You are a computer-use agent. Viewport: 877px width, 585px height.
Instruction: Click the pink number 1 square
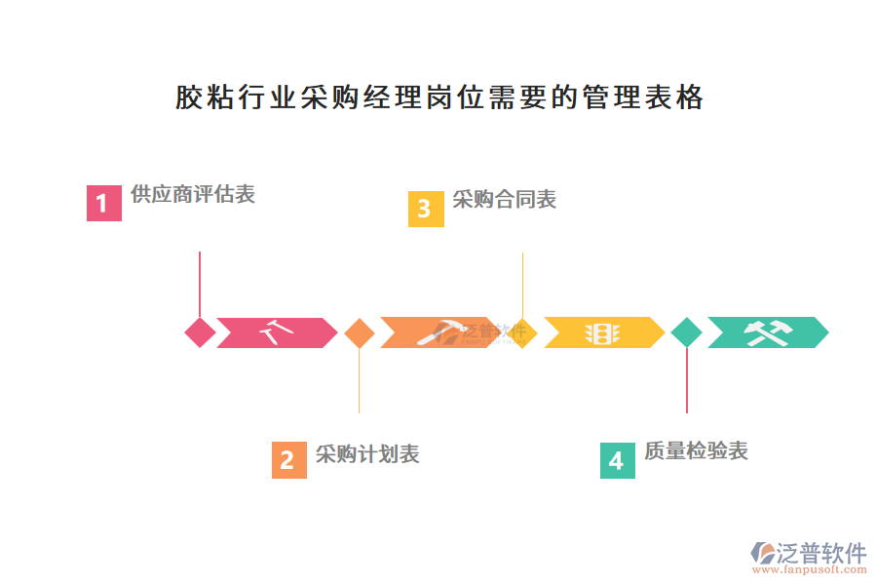click(x=104, y=204)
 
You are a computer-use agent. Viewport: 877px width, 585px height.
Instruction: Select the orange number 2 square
click(x=289, y=459)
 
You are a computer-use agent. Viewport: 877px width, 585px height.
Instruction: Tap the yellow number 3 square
click(x=425, y=209)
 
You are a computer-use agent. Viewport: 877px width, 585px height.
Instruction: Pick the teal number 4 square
click(x=617, y=459)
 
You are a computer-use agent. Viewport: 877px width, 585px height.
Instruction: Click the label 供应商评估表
click(x=193, y=194)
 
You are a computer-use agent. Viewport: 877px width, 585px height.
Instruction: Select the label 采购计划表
click(x=367, y=454)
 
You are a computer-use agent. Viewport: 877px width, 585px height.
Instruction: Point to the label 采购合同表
click(x=504, y=200)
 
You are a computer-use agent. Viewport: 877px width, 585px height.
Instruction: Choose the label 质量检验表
click(x=696, y=450)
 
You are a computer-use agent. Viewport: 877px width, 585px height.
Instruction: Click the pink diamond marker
click(x=200, y=332)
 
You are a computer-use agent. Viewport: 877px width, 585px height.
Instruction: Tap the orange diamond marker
click(x=359, y=332)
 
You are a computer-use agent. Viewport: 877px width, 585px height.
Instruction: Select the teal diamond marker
click(x=686, y=332)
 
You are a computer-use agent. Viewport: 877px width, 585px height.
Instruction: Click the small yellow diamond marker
click(x=523, y=332)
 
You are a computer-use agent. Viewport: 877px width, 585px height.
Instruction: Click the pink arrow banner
click(x=276, y=332)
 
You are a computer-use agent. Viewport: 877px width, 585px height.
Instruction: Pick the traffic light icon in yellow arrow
click(x=602, y=333)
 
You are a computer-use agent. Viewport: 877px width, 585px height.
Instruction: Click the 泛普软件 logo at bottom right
click(x=809, y=554)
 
